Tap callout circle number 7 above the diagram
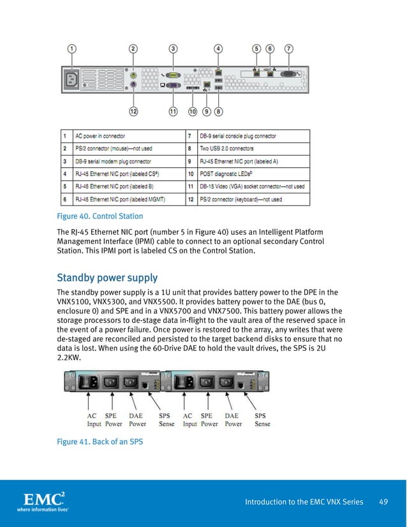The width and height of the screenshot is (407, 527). click(289, 48)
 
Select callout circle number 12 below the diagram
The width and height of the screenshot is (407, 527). click(133, 111)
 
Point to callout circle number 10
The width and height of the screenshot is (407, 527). click(192, 111)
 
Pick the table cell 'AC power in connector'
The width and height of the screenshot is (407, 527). click(100, 136)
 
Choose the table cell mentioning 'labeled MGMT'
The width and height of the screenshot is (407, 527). click(121, 200)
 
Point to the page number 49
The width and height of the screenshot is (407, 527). click(383, 501)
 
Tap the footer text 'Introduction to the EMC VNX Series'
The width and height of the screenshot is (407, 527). click(304, 501)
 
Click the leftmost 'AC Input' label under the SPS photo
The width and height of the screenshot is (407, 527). click(94, 419)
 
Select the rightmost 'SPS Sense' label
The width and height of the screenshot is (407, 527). click(262, 419)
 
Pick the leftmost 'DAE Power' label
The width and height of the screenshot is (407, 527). click(137, 419)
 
